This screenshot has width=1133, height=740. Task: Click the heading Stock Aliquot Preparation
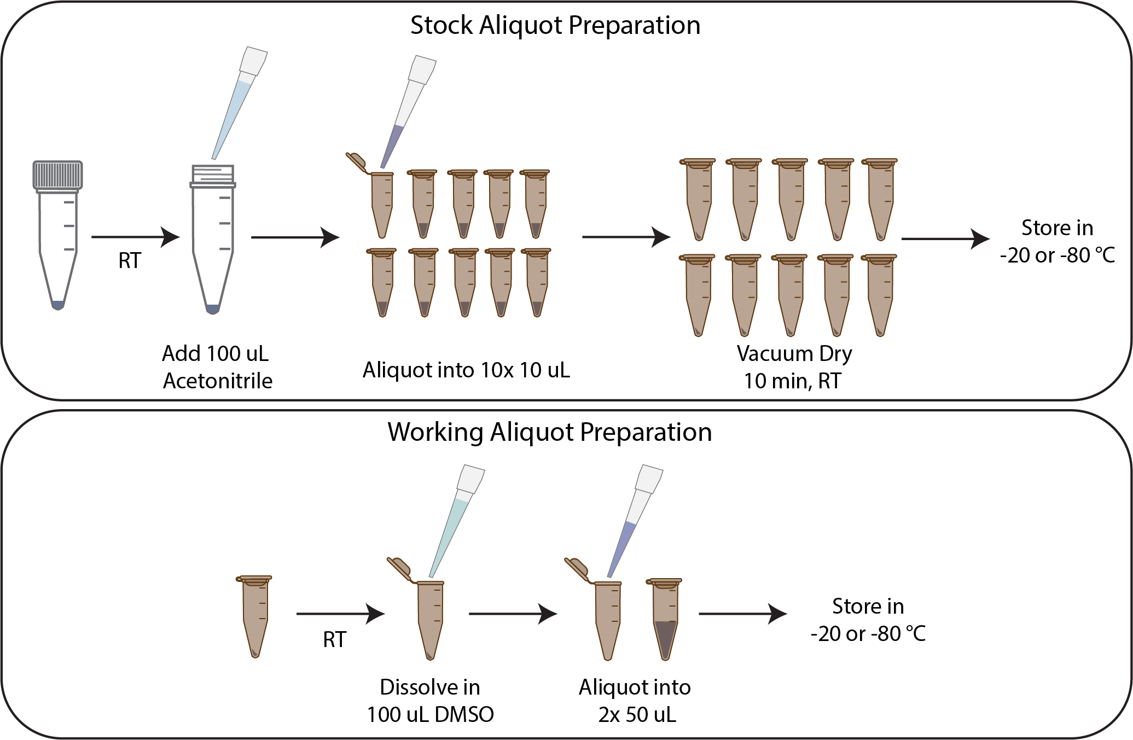[x=555, y=26]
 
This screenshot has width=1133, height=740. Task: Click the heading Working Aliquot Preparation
[x=550, y=433]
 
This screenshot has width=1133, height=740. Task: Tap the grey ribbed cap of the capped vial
[x=57, y=175]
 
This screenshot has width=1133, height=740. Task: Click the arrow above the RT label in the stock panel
[x=136, y=237]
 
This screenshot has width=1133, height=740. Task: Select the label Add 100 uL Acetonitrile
[x=217, y=367]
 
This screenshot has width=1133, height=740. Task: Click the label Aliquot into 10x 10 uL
[x=466, y=370]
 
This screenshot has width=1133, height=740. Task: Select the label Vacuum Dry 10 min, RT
[x=794, y=367]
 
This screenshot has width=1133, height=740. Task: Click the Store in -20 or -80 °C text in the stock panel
[x=1057, y=241]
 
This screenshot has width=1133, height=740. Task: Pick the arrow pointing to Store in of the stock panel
[x=946, y=238]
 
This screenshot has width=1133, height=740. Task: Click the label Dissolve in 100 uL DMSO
[x=430, y=701]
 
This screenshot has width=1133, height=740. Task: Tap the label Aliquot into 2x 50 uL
[x=635, y=701]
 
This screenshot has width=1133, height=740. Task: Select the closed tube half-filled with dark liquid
[x=665, y=619]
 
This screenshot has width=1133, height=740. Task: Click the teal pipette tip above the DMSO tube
[x=457, y=521]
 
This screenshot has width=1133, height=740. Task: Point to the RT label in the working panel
[x=335, y=639]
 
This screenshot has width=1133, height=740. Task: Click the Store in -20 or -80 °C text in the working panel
[x=868, y=620]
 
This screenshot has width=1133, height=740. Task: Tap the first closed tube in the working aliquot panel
[x=254, y=616]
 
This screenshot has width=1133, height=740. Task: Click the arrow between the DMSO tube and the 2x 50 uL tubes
[x=513, y=614]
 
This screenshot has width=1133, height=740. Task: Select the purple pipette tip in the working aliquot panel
[x=635, y=521]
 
